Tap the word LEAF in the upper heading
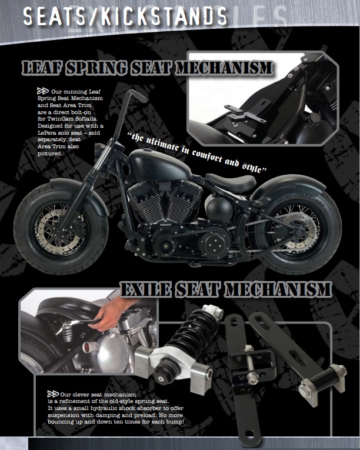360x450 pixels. (44, 67)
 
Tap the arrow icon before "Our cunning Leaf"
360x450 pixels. (42, 92)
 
